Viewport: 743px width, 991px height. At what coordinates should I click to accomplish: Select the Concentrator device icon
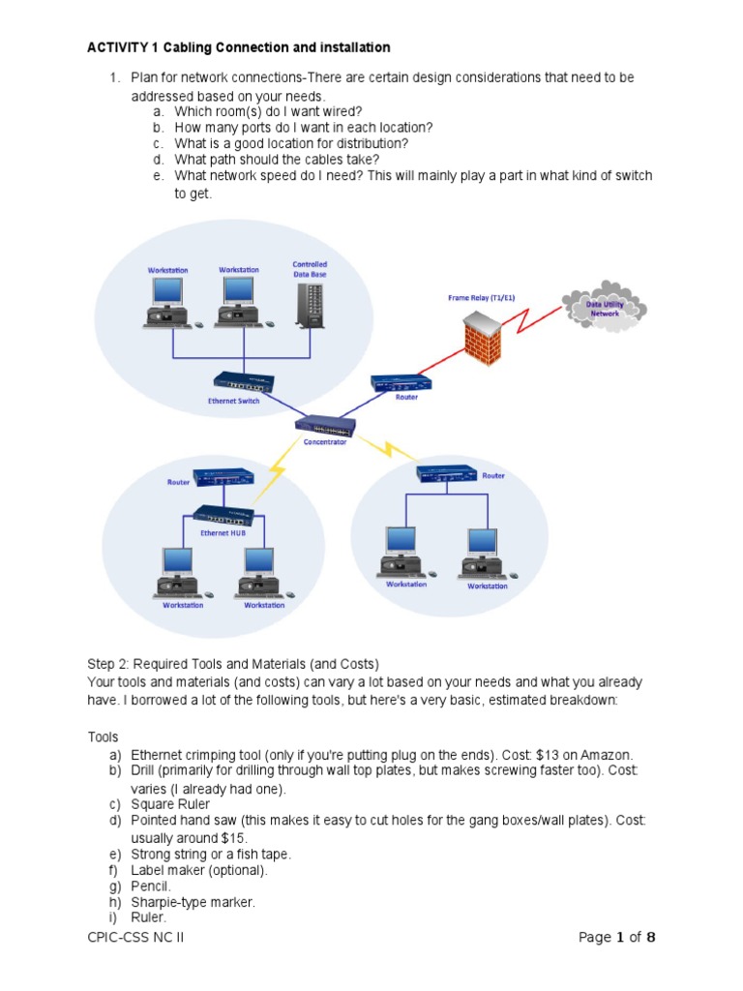pos(326,425)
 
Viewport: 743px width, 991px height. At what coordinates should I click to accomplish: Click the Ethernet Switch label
pos(234,401)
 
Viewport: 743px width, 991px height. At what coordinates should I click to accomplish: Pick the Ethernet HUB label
pos(223,532)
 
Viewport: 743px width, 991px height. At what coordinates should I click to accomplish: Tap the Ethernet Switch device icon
pos(244,381)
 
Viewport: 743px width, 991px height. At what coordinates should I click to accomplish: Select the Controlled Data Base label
pos(310,269)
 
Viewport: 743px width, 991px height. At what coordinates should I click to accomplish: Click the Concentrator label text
pos(325,442)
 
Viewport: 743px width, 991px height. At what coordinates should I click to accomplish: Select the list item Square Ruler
pos(170,804)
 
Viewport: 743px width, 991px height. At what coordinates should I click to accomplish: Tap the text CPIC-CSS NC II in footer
pos(134,938)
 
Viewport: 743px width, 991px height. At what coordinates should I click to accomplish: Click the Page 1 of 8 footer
pos(617,938)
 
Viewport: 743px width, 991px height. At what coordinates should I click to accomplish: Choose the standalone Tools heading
pos(103,736)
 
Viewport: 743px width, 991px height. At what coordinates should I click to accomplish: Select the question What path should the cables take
pos(277,159)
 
